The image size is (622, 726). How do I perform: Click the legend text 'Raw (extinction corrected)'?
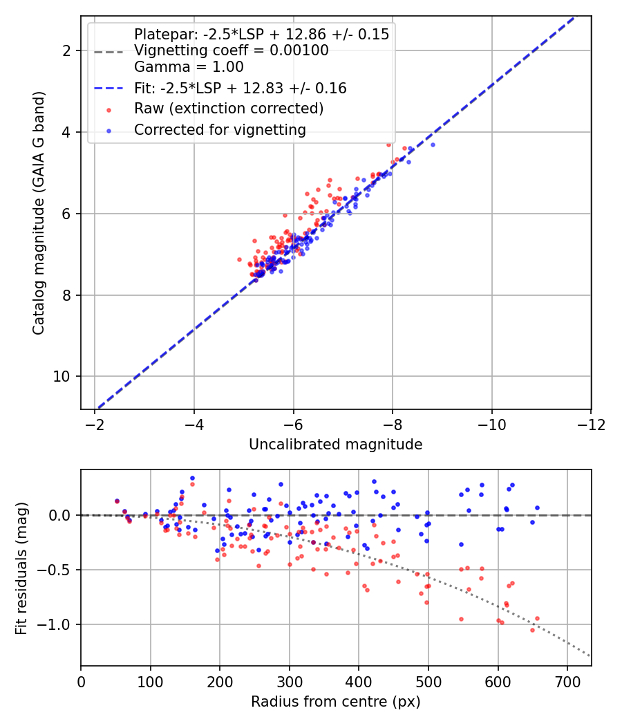pos(229,109)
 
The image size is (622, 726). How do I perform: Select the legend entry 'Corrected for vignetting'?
pos(220,129)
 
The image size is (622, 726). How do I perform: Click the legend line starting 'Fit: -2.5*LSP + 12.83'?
pos(240,89)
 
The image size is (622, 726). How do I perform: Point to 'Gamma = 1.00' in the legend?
pos(189,67)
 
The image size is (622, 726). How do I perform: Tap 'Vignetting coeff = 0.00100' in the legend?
pos(232,50)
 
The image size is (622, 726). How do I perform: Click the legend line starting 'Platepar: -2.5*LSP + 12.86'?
pos(261,34)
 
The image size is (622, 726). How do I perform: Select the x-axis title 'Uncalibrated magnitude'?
pos(335,445)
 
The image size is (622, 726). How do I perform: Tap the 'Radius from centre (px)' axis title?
pos(335,702)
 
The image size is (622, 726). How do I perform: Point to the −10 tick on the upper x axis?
pos(491,423)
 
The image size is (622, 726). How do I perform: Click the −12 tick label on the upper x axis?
pos(591,423)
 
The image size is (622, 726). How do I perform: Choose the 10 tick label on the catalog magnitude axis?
pos(64,377)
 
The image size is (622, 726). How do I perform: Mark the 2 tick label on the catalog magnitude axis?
pos(68,51)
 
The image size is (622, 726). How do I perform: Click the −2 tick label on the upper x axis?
pos(95,423)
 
